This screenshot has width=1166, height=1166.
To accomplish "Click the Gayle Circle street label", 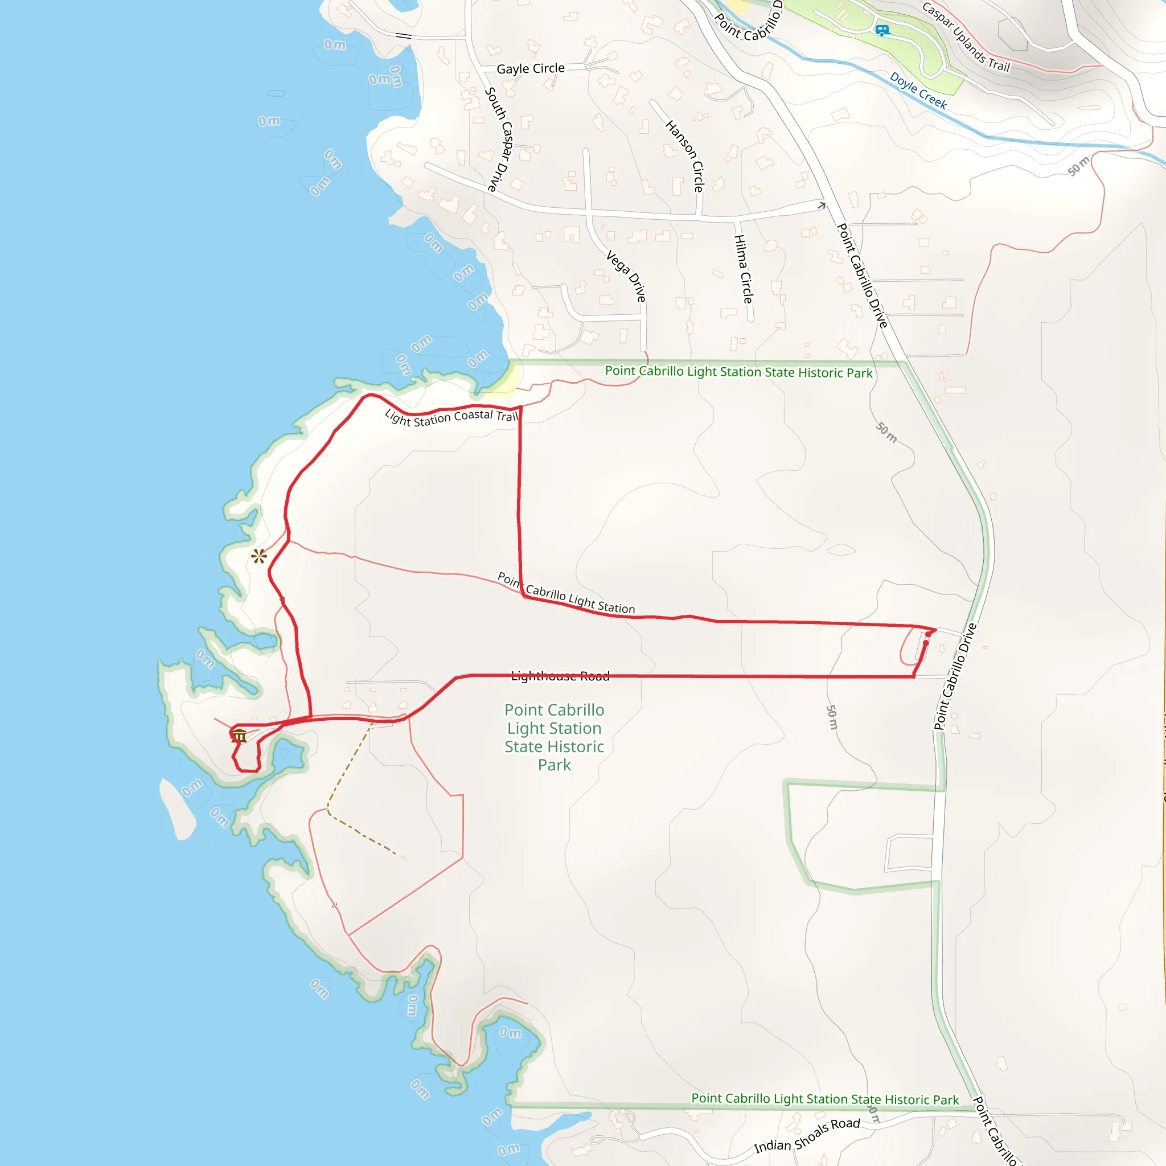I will point(531,69).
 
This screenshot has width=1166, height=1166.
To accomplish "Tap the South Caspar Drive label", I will point(500,139).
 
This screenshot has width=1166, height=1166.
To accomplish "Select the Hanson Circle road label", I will point(685,155).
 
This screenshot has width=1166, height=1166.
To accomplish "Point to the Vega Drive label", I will point(627,276).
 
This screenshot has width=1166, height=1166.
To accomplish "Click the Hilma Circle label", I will point(743,269).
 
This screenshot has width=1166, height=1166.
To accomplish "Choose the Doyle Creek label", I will point(918,91).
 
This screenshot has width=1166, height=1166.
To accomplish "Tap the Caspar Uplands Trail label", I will point(966,38).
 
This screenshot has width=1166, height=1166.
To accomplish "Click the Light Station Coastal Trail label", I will point(451,417).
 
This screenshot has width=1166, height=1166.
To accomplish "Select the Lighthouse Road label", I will point(560,676).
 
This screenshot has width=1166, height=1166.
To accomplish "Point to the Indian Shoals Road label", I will point(807,1135).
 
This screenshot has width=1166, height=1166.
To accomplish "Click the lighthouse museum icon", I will point(240,736).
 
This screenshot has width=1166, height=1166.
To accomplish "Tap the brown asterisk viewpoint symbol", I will point(259,556).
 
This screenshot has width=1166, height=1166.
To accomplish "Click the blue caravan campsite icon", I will point(882,30).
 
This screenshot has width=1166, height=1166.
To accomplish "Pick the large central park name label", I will point(554,737).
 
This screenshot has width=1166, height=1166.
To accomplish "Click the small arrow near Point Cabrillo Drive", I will point(822,206).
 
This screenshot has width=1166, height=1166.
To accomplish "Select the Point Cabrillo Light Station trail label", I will point(566,593).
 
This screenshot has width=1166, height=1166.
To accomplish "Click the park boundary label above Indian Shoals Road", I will point(824,1099).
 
